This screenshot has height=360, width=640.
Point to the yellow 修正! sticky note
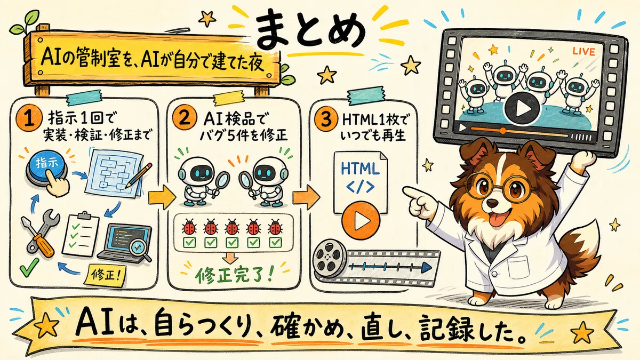click(105, 275)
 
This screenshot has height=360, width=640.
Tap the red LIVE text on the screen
click(584, 52)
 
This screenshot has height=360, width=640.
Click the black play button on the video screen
click(522, 109)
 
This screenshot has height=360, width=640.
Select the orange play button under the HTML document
click(361, 220)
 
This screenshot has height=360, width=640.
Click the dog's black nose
click(492, 203)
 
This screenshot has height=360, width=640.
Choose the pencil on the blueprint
click(139, 175)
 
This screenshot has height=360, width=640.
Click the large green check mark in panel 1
click(29, 267)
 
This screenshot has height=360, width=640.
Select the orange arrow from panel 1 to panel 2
click(162, 197)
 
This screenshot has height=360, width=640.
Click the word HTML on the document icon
click(361, 169)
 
